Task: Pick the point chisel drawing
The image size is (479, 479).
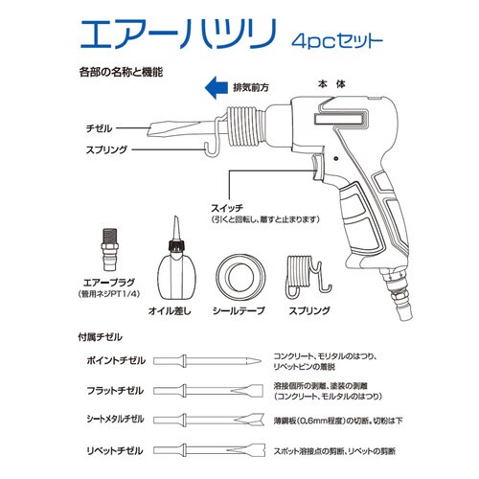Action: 210,360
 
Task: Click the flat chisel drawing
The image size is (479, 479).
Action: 210,392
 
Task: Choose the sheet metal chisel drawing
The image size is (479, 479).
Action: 210,422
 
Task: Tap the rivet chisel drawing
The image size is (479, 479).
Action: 210,450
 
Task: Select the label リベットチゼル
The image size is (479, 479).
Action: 118,450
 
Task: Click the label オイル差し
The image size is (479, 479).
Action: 172,312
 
